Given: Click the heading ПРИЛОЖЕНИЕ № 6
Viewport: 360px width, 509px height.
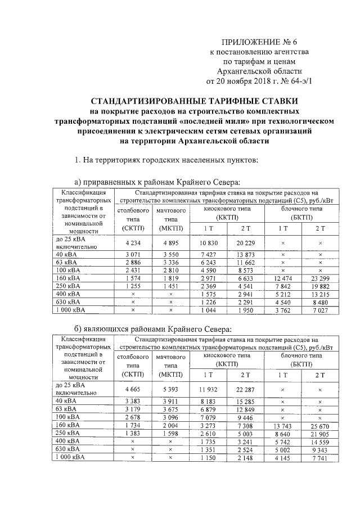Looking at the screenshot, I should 259,42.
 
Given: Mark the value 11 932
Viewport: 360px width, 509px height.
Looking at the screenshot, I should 208,389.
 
